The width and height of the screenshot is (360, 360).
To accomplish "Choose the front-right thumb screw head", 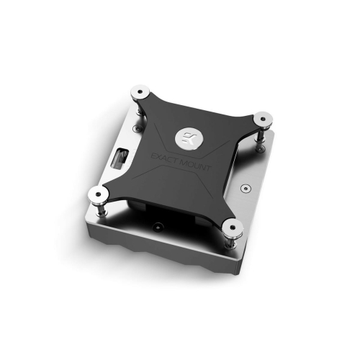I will (x=232, y=230).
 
